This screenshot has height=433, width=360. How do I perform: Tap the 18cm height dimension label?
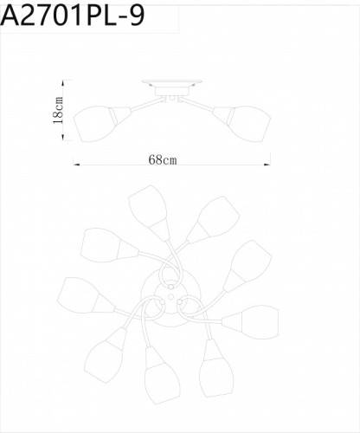58,111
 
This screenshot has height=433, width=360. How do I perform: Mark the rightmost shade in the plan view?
259,323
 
